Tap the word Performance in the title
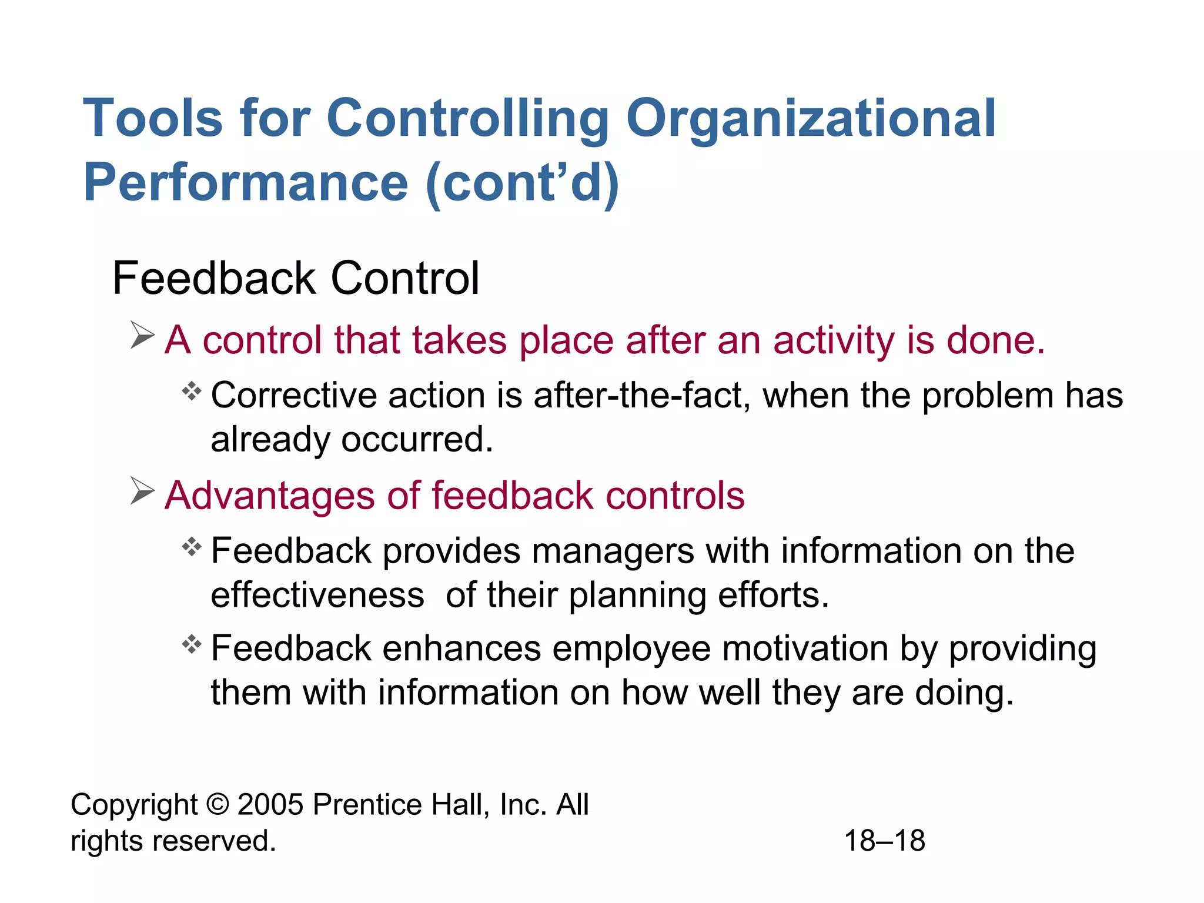(x=246, y=182)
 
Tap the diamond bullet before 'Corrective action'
(x=192, y=391)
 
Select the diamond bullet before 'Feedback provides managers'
(x=192, y=547)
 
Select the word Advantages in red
(x=269, y=496)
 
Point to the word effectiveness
(x=317, y=595)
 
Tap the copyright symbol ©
(x=218, y=804)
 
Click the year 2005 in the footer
(x=270, y=804)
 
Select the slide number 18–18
(x=884, y=841)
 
